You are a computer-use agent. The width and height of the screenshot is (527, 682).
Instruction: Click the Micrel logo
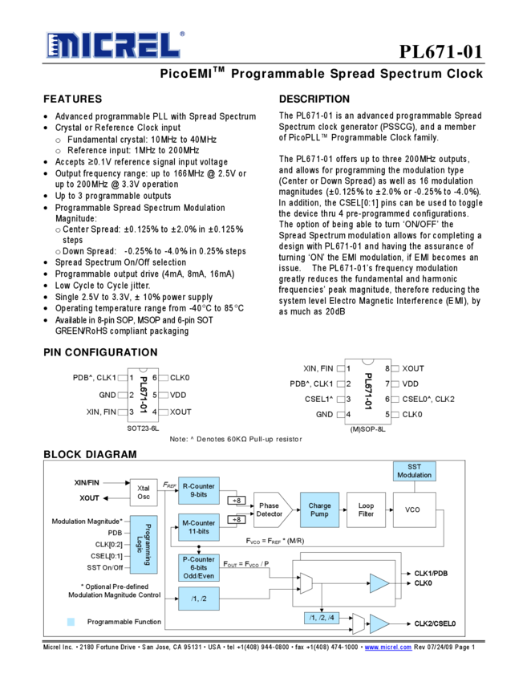pyautogui.click(x=112, y=46)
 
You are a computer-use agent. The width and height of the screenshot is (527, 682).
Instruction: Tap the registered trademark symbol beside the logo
pyautogui.click(x=182, y=34)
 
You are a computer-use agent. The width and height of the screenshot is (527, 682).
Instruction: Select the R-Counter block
pyautogui.click(x=198, y=490)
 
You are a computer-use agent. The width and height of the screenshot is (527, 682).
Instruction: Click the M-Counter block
pyautogui.click(x=198, y=527)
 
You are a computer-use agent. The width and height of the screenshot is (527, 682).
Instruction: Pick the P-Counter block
pyautogui.click(x=198, y=567)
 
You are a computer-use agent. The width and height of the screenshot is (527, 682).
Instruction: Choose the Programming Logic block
pyautogui.click(x=144, y=545)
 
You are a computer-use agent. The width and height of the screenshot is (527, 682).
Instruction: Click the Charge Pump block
pyautogui.click(x=319, y=510)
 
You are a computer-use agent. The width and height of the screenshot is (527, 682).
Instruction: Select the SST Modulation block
pyautogui.click(x=414, y=471)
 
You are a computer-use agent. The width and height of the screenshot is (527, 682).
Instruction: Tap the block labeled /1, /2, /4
pyautogui.click(x=322, y=618)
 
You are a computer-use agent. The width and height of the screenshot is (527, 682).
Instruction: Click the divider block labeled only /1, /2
pyautogui.click(x=198, y=599)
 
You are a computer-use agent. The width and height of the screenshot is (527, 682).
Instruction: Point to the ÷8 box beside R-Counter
pyautogui.click(x=237, y=501)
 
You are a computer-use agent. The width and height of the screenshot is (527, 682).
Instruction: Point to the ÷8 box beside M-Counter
pyautogui.click(x=237, y=520)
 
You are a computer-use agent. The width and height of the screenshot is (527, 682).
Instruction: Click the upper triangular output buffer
pyautogui.click(x=378, y=583)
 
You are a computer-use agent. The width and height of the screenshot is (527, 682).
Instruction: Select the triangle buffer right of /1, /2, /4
pyautogui.click(x=378, y=623)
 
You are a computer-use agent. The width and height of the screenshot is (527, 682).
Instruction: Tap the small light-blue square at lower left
pyautogui.click(x=71, y=621)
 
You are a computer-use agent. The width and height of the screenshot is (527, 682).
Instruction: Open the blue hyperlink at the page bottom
pyautogui.click(x=388, y=647)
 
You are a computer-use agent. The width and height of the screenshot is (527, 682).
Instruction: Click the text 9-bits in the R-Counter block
pyautogui.click(x=198, y=495)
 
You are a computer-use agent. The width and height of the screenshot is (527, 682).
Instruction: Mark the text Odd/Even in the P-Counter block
pyautogui.click(x=198, y=576)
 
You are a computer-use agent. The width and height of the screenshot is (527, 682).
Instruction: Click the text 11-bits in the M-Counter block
pyautogui.click(x=198, y=532)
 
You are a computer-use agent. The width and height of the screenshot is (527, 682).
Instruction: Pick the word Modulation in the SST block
pyautogui.click(x=414, y=475)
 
